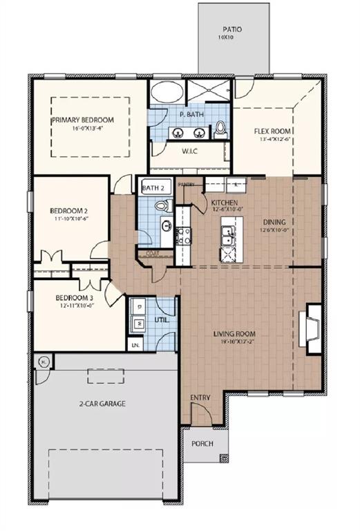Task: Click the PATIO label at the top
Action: tap(231, 30)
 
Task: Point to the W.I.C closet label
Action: tap(191, 151)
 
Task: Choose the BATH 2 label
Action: tap(153, 187)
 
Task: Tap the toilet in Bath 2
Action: tap(162, 205)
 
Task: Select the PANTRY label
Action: tap(186, 185)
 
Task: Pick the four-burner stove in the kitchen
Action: tap(183, 236)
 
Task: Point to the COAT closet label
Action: tap(153, 254)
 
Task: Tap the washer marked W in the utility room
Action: tap(138, 322)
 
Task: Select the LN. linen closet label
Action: tap(134, 344)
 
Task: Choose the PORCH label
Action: tap(202, 443)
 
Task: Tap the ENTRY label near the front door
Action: tap(200, 398)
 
